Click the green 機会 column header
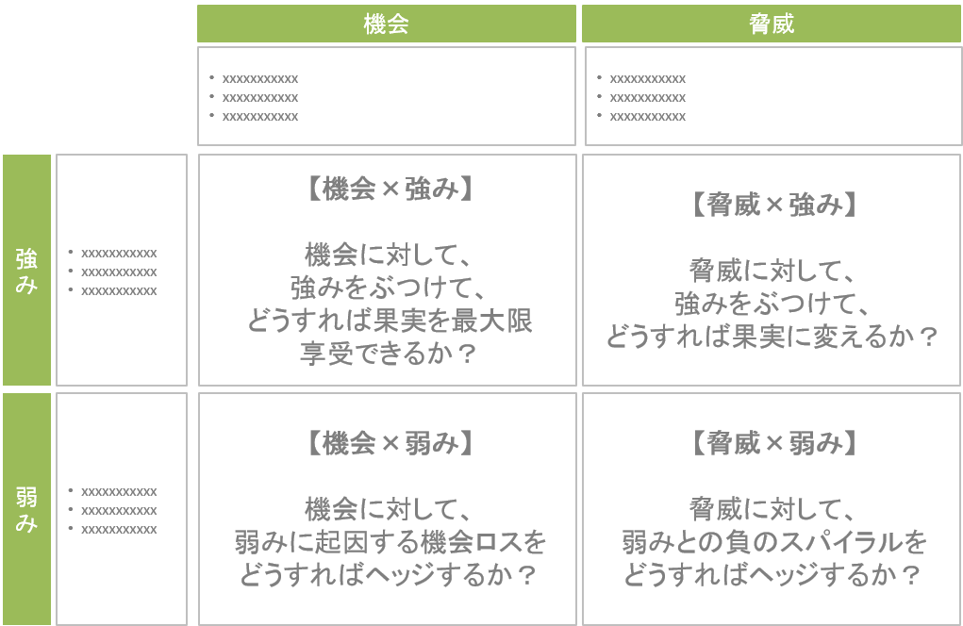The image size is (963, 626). pyautogui.click(x=387, y=24)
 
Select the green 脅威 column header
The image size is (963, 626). pyautogui.click(x=772, y=24)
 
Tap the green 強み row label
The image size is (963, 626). pyautogui.click(x=27, y=270)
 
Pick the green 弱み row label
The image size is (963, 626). pyautogui.click(x=27, y=509)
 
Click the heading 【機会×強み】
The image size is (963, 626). pyautogui.click(x=390, y=189)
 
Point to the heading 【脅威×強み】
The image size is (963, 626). pyautogui.click(x=773, y=205)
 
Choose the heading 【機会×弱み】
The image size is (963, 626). pyautogui.click(x=390, y=442)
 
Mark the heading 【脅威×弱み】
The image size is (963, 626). pyautogui.click(x=773, y=442)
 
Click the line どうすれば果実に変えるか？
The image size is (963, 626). pyautogui.click(x=772, y=337)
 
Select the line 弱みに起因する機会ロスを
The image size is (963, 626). pyautogui.click(x=390, y=542)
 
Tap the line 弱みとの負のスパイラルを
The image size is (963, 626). pyautogui.click(x=773, y=542)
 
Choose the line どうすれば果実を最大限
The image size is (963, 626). pyautogui.click(x=390, y=321)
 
